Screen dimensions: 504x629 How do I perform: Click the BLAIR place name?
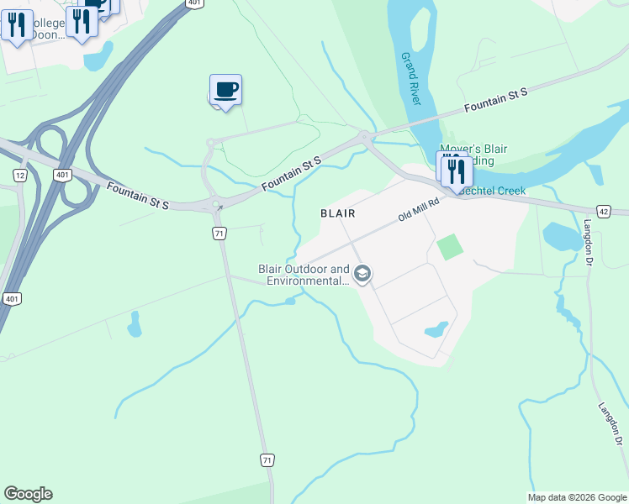338,213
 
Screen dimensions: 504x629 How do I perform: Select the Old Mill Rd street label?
419,210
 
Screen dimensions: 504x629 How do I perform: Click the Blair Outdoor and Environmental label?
304,275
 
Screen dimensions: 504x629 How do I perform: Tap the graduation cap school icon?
362,274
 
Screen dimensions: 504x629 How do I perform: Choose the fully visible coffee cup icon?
226,89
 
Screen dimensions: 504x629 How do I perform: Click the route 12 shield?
20,175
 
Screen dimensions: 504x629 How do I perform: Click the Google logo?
28,494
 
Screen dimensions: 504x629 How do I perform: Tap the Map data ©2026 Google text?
577,497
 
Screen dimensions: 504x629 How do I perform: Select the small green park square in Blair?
450,247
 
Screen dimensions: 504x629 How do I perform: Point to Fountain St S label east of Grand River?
496,102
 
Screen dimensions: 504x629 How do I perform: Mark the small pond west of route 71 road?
135,323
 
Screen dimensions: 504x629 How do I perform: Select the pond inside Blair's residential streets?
436,329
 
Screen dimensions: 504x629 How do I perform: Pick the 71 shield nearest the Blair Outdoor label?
219,233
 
